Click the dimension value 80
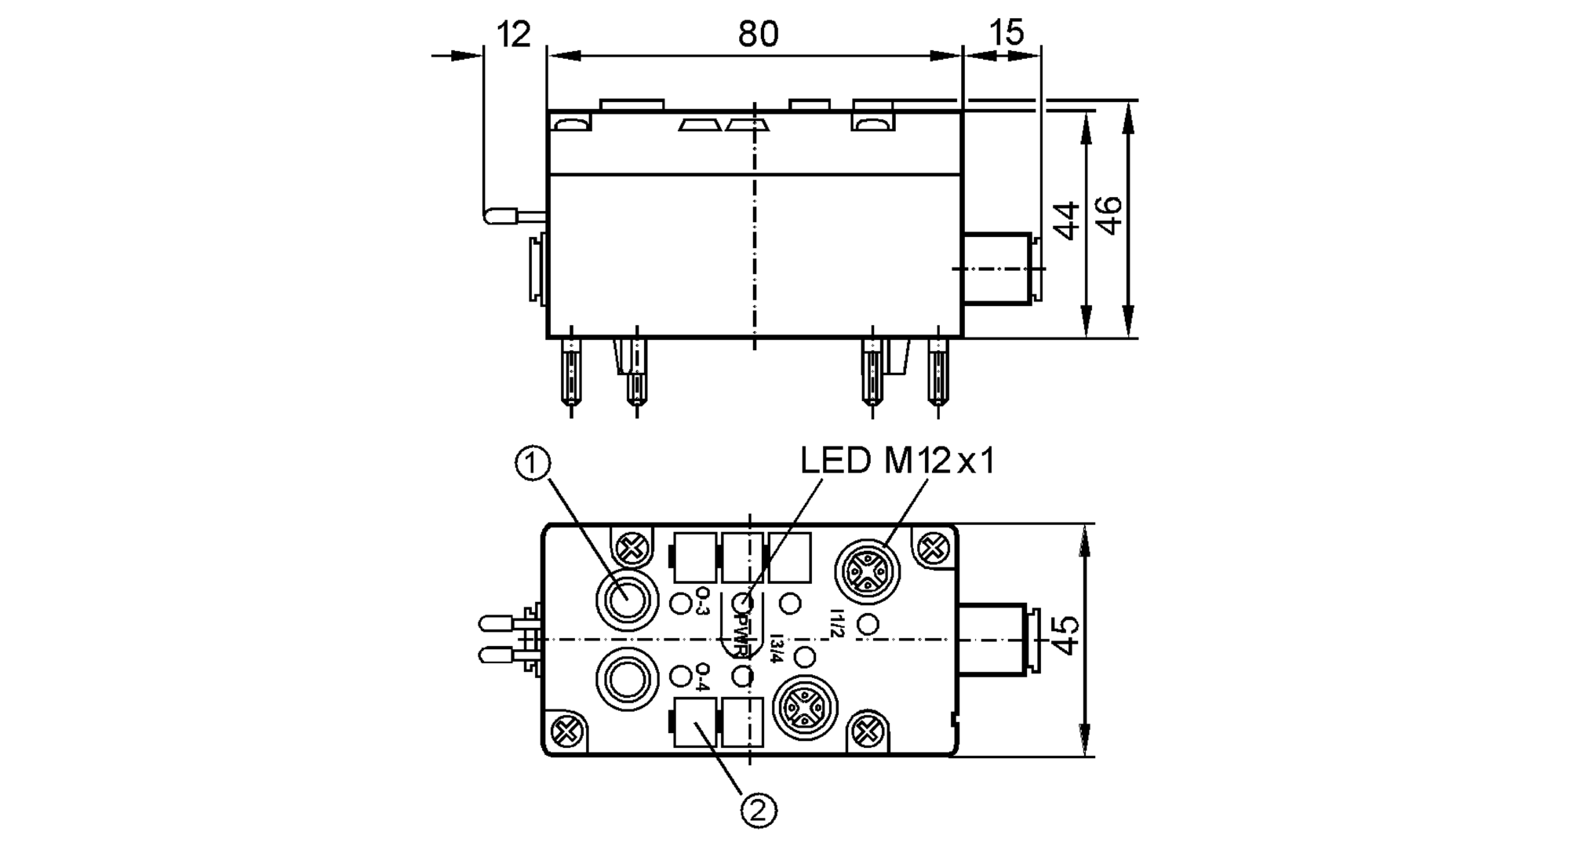757,35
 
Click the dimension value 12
514,35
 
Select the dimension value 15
1007,33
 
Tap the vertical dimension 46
1110,216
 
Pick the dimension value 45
1065,636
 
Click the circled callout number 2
758,811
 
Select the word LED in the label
835,461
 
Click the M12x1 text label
939,461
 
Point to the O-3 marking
703,602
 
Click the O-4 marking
703,677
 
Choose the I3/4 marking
776,648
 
